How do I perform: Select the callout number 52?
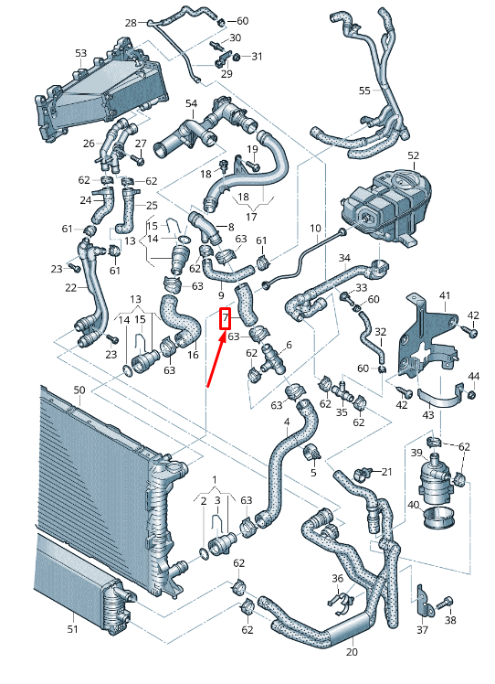[x=413, y=155]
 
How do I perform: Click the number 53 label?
[x=81, y=54]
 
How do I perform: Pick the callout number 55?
[x=364, y=91]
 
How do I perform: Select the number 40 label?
[x=414, y=504]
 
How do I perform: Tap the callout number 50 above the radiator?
[x=79, y=390]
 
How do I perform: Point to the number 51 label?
[x=74, y=628]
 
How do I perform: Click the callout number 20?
[x=352, y=653]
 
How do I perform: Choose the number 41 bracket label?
[x=445, y=295]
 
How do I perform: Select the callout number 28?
[x=130, y=22]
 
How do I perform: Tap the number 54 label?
[x=192, y=103]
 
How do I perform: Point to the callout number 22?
[x=71, y=287]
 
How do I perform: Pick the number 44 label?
[x=473, y=377]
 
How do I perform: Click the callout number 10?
[x=315, y=228]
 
